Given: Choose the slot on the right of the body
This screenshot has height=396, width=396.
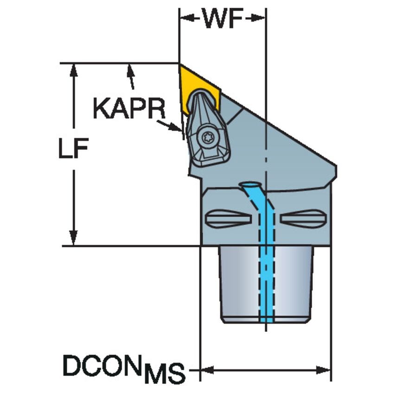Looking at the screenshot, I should tap(304, 218).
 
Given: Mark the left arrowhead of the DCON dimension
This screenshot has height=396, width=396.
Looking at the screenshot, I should tap(207, 370).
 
